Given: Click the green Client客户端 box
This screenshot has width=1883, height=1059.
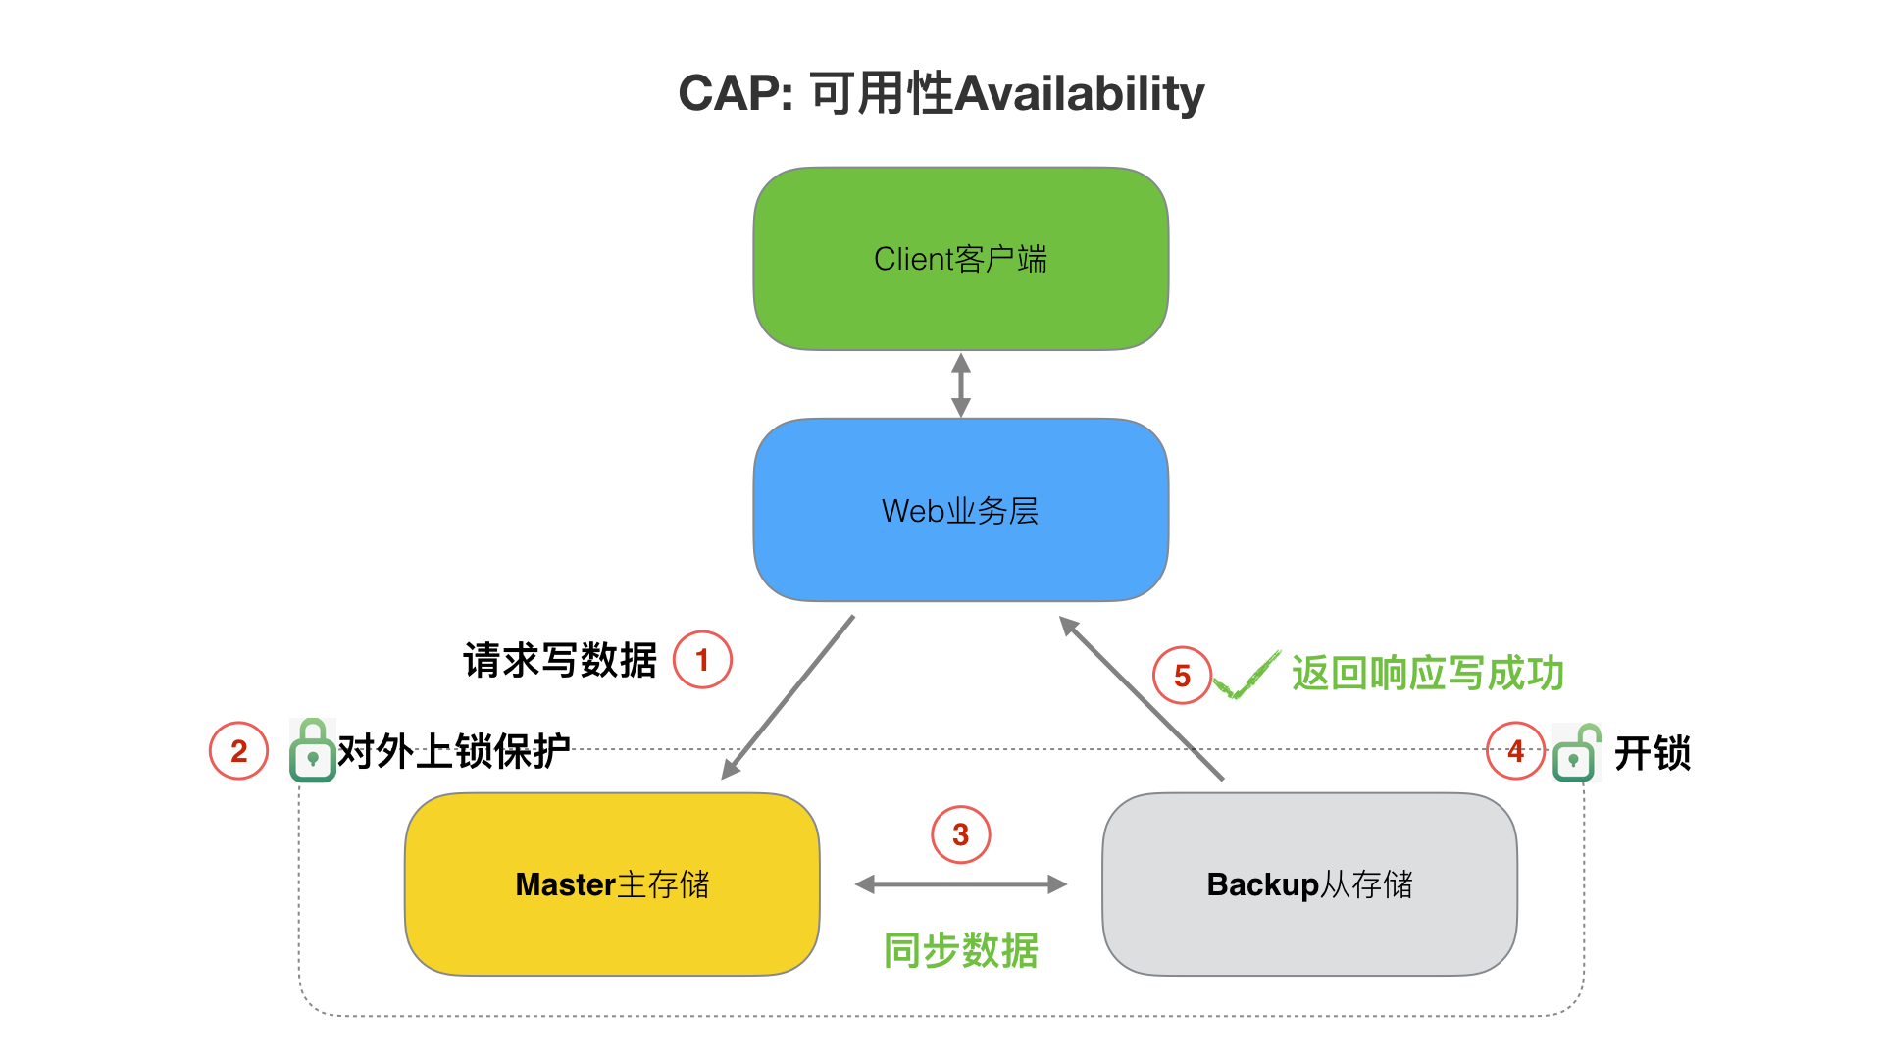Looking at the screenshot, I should coord(960,259).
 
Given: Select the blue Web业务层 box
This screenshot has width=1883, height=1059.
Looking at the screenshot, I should coord(960,510).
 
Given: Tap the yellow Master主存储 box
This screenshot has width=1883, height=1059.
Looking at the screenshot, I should coord(612,883).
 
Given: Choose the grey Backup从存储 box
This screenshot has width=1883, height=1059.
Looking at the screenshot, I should coord(1309,883).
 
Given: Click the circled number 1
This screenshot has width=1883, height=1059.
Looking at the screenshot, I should coord(702,660).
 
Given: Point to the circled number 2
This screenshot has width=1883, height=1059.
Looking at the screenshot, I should coord(238,751).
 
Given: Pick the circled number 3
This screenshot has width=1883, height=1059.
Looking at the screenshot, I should coord(960,834).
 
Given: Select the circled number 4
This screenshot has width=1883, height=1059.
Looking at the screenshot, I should coord(1515,751).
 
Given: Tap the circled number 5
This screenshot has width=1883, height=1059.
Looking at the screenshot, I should coord(1182,675).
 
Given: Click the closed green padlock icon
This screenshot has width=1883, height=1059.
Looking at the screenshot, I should coord(313,751).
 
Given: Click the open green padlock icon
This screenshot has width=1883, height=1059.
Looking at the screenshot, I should coord(1575,753).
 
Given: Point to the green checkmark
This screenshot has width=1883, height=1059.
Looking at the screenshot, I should coord(1247,675).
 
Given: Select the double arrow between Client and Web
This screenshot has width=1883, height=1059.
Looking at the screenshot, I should coord(961,384).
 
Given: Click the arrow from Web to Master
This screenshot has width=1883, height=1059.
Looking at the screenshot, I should coord(789,697).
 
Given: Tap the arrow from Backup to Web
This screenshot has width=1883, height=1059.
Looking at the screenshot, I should coord(1142,698).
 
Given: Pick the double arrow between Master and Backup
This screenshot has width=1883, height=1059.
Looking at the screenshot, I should coord(960,884).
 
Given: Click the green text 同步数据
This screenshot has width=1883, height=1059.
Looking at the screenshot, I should coord(960,950).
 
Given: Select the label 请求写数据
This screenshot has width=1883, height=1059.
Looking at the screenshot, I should coord(560,660).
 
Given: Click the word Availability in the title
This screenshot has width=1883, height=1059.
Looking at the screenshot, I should coord(1079,94).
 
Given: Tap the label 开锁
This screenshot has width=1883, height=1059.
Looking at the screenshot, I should coord(1652,753).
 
